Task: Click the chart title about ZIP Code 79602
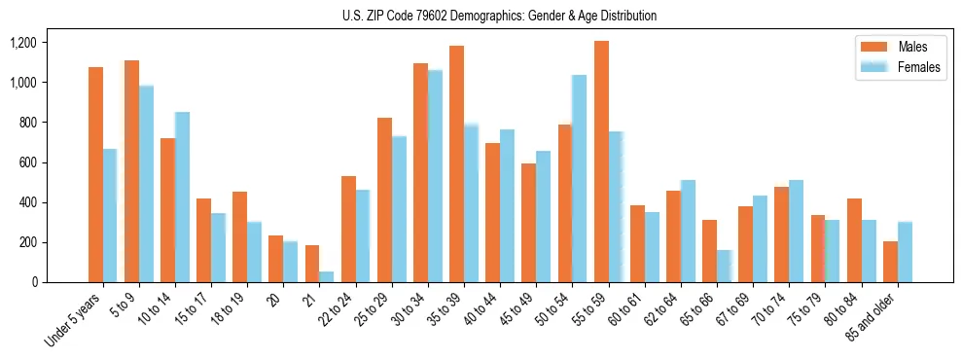point(499,16)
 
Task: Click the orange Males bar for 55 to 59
point(601,162)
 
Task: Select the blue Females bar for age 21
point(327,276)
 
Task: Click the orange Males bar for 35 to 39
point(456,163)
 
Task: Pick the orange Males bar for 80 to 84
point(854,240)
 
